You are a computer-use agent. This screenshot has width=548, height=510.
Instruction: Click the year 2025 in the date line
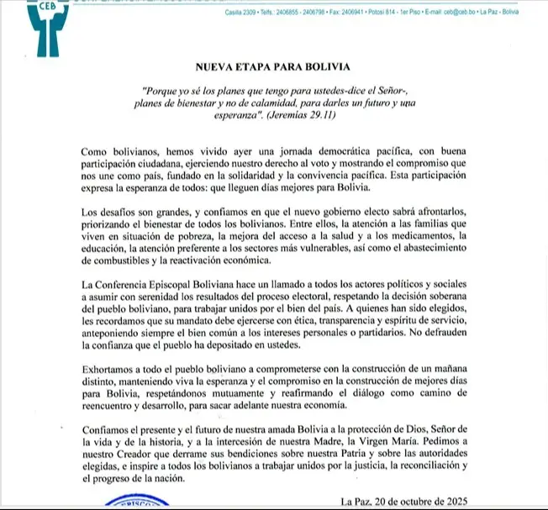[468, 502]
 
